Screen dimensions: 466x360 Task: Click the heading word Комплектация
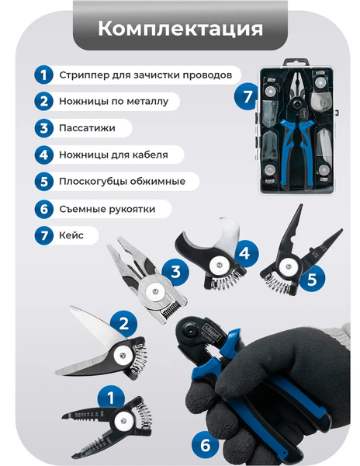pos(180,29)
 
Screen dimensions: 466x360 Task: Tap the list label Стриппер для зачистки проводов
pos(145,75)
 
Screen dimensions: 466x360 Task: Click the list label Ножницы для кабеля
pos(113,155)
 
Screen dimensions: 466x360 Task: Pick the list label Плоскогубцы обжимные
pos(122,182)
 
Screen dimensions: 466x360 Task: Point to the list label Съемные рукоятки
pos(107,209)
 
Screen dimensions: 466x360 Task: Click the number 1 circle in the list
pos(43,75)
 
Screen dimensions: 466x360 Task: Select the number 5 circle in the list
pos(43,182)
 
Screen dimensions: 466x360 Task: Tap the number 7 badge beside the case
pos(246,97)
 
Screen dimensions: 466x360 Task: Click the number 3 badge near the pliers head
pos(176,271)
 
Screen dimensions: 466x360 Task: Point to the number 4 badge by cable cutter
pos(244,252)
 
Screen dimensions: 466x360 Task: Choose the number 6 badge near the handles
pos(206,445)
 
